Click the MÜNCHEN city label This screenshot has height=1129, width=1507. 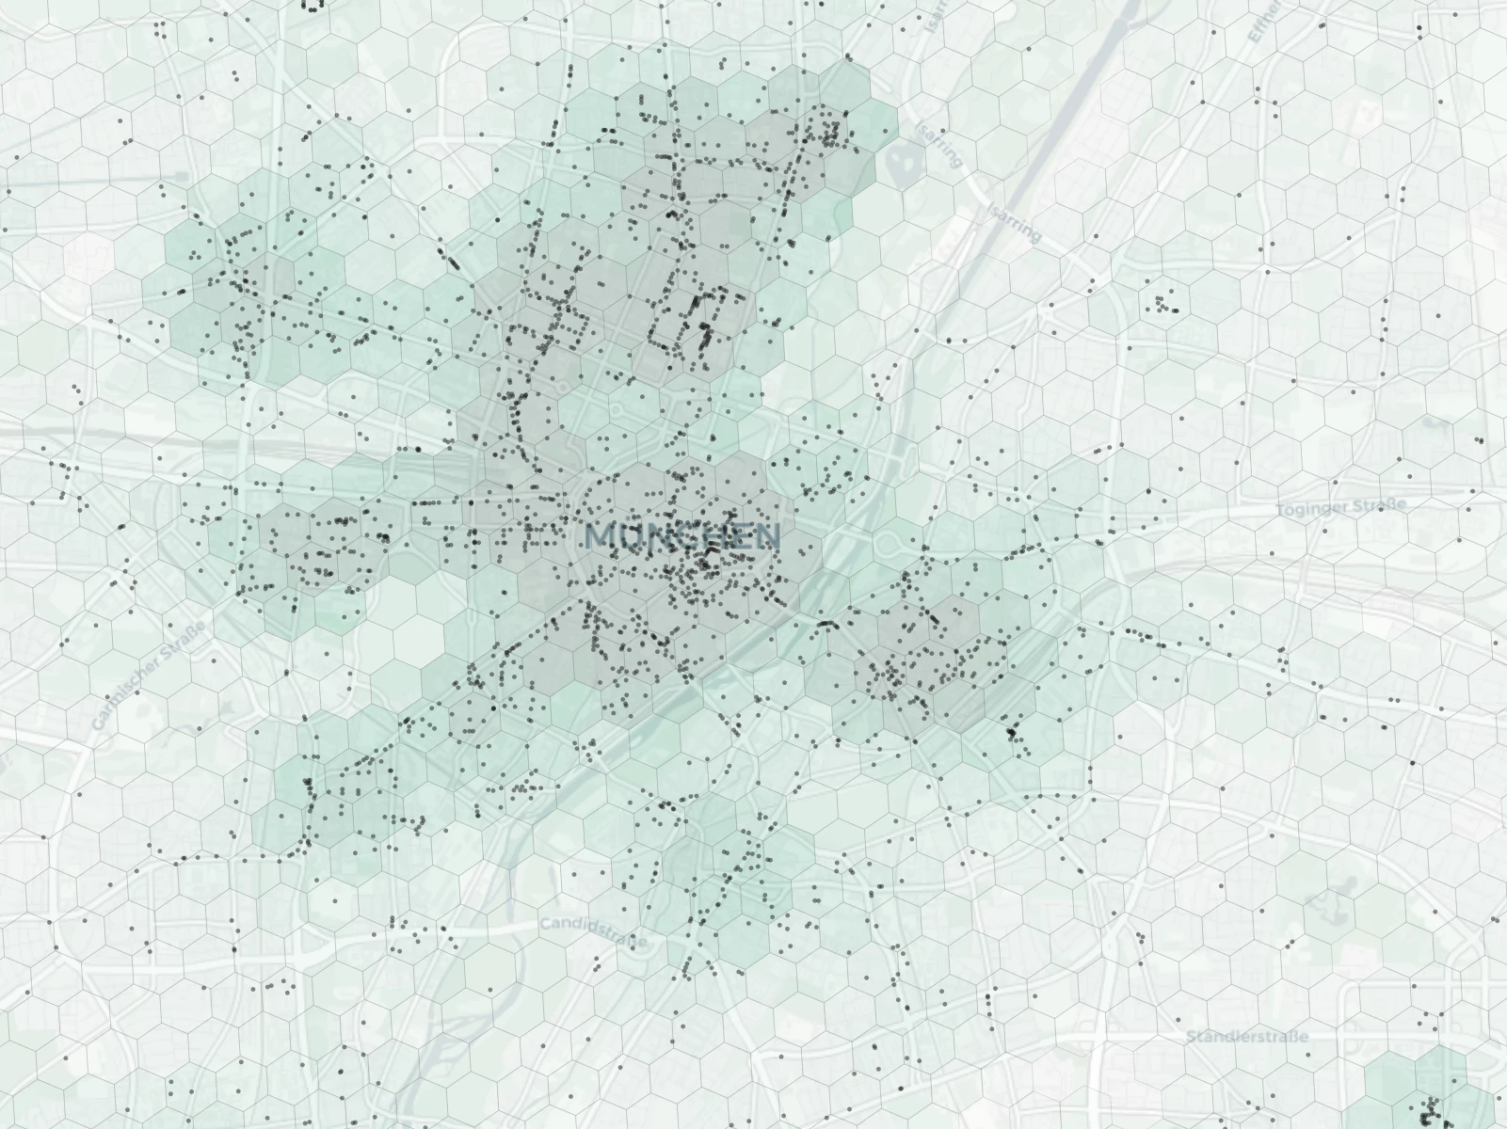tap(682, 536)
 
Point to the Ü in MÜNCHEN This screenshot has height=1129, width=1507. tap(626, 536)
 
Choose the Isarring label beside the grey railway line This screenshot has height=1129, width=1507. tap(1014, 221)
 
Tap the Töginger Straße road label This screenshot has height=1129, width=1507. tap(1341, 506)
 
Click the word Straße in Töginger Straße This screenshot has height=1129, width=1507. tap(1380, 505)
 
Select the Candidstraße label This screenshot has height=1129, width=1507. tap(593, 933)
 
